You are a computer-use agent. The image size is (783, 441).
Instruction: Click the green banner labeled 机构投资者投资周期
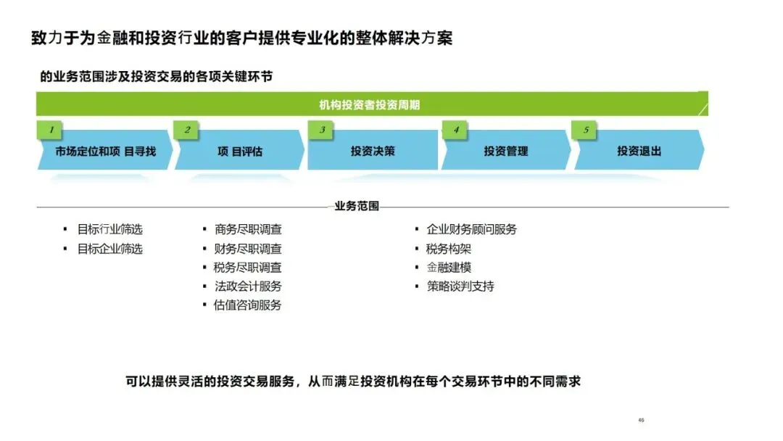click(370, 104)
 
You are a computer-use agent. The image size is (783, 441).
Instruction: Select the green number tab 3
click(322, 131)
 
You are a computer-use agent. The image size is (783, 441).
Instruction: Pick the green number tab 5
click(586, 131)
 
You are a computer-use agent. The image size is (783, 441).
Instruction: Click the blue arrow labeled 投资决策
click(373, 152)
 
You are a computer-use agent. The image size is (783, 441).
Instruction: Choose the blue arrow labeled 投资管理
click(506, 152)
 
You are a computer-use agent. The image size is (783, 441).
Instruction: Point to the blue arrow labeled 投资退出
click(639, 152)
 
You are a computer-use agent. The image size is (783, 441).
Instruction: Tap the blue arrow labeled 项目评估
click(240, 152)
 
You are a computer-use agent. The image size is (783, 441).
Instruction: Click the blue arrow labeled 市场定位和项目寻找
click(105, 152)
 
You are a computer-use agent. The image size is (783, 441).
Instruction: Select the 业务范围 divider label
click(357, 206)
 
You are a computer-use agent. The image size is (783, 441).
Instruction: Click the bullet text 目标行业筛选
click(110, 229)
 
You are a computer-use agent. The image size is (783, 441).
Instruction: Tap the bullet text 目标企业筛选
click(110, 249)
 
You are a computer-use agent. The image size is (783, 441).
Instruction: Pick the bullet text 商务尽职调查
click(248, 229)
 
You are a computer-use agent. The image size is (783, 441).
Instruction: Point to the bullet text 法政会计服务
click(248, 286)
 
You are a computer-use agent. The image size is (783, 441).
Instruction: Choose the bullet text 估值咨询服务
click(248, 305)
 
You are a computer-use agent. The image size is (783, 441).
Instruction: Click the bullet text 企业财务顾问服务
click(472, 229)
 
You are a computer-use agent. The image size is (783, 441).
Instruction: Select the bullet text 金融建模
click(449, 267)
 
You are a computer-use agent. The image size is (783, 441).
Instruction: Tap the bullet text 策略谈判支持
click(461, 286)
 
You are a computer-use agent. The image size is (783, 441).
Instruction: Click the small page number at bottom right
click(641, 420)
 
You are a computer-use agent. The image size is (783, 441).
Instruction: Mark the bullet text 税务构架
click(449, 249)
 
